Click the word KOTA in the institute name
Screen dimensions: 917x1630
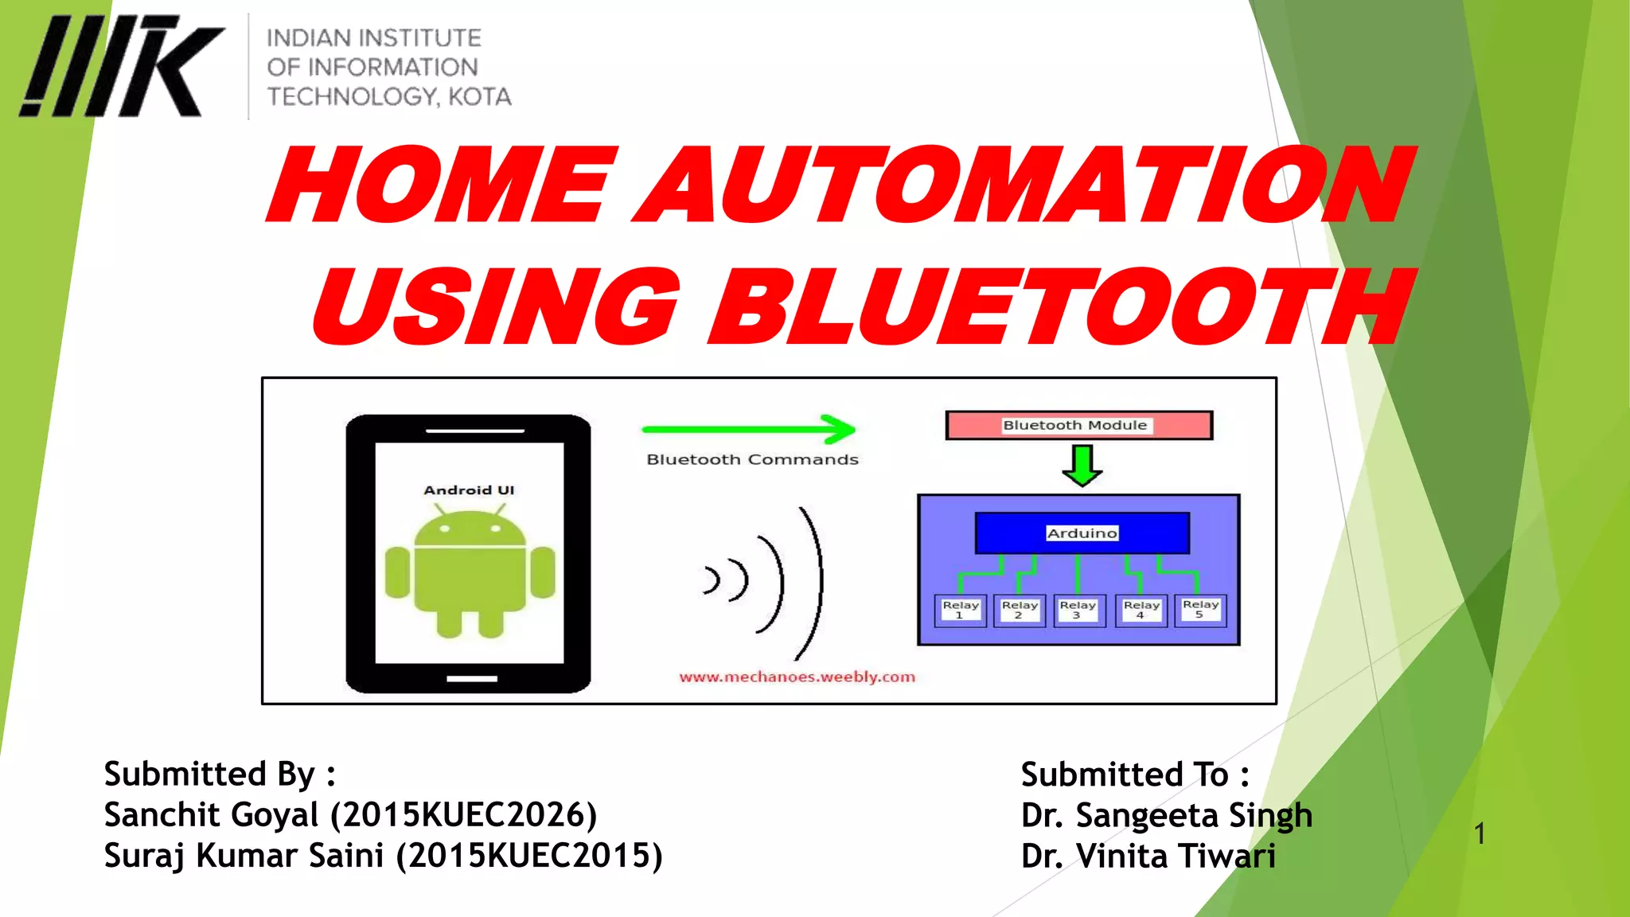(479, 97)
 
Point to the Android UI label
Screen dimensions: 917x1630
(469, 490)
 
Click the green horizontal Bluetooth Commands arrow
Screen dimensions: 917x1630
(748, 430)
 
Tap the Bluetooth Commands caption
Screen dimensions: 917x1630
(752, 460)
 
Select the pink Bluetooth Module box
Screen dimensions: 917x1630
(1078, 425)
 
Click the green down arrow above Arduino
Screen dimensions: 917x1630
(1082, 466)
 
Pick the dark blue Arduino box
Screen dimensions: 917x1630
(1082, 533)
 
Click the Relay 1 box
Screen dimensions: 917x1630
(960, 611)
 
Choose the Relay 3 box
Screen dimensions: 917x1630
(1078, 611)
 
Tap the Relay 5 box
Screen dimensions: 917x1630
(1200, 610)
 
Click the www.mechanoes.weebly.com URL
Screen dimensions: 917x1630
(797, 677)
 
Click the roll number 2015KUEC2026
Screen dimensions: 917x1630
(464, 815)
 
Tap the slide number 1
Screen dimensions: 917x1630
(1479, 834)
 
